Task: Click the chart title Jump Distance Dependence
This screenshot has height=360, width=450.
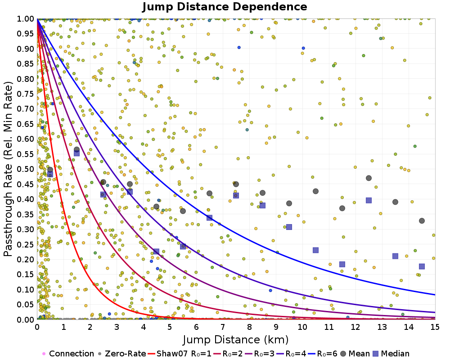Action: pos(225,7)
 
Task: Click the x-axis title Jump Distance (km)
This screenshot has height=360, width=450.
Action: pos(235,339)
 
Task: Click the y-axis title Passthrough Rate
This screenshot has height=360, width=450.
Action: pos(9,169)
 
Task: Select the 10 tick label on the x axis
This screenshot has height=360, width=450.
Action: pos(302,327)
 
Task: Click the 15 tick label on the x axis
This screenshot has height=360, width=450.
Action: pos(435,327)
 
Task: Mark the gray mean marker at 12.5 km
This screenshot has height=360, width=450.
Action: pos(369,178)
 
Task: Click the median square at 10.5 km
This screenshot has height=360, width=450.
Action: pos(315,250)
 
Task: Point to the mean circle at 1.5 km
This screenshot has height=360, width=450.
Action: pos(76,149)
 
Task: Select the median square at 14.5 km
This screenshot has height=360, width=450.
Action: pos(422,266)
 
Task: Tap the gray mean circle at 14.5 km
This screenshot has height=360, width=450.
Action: pos(422,220)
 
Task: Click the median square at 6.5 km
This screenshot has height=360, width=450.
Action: pos(209,218)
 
